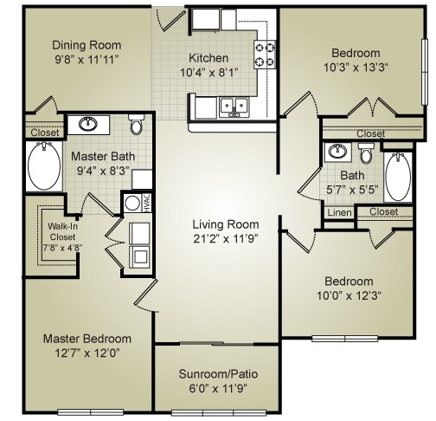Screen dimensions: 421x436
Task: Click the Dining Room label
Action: [x=86, y=45]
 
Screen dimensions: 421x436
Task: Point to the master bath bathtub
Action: [x=41, y=166]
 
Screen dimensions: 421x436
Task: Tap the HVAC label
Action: [x=147, y=203]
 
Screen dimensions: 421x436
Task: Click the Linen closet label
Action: [x=337, y=211]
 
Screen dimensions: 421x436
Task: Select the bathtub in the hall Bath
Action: [x=398, y=175]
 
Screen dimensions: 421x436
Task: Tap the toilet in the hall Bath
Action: [x=366, y=153]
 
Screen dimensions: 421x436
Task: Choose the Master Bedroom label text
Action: [x=87, y=338]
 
